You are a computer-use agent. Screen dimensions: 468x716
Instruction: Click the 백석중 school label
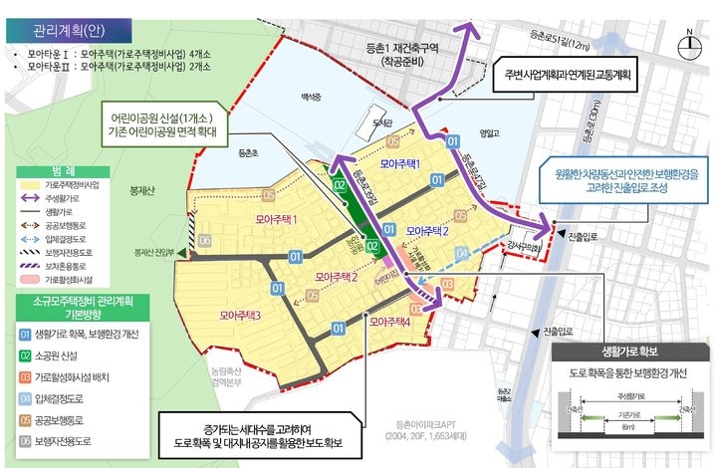point(313,98)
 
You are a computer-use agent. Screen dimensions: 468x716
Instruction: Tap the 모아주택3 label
point(240,316)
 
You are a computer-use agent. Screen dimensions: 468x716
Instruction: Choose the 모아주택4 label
point(389,323)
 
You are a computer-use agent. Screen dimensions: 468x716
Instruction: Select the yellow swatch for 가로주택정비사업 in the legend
point(33,186)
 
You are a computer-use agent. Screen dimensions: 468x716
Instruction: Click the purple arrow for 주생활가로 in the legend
point(33,199)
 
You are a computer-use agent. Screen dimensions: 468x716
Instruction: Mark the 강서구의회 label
point(518,245)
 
